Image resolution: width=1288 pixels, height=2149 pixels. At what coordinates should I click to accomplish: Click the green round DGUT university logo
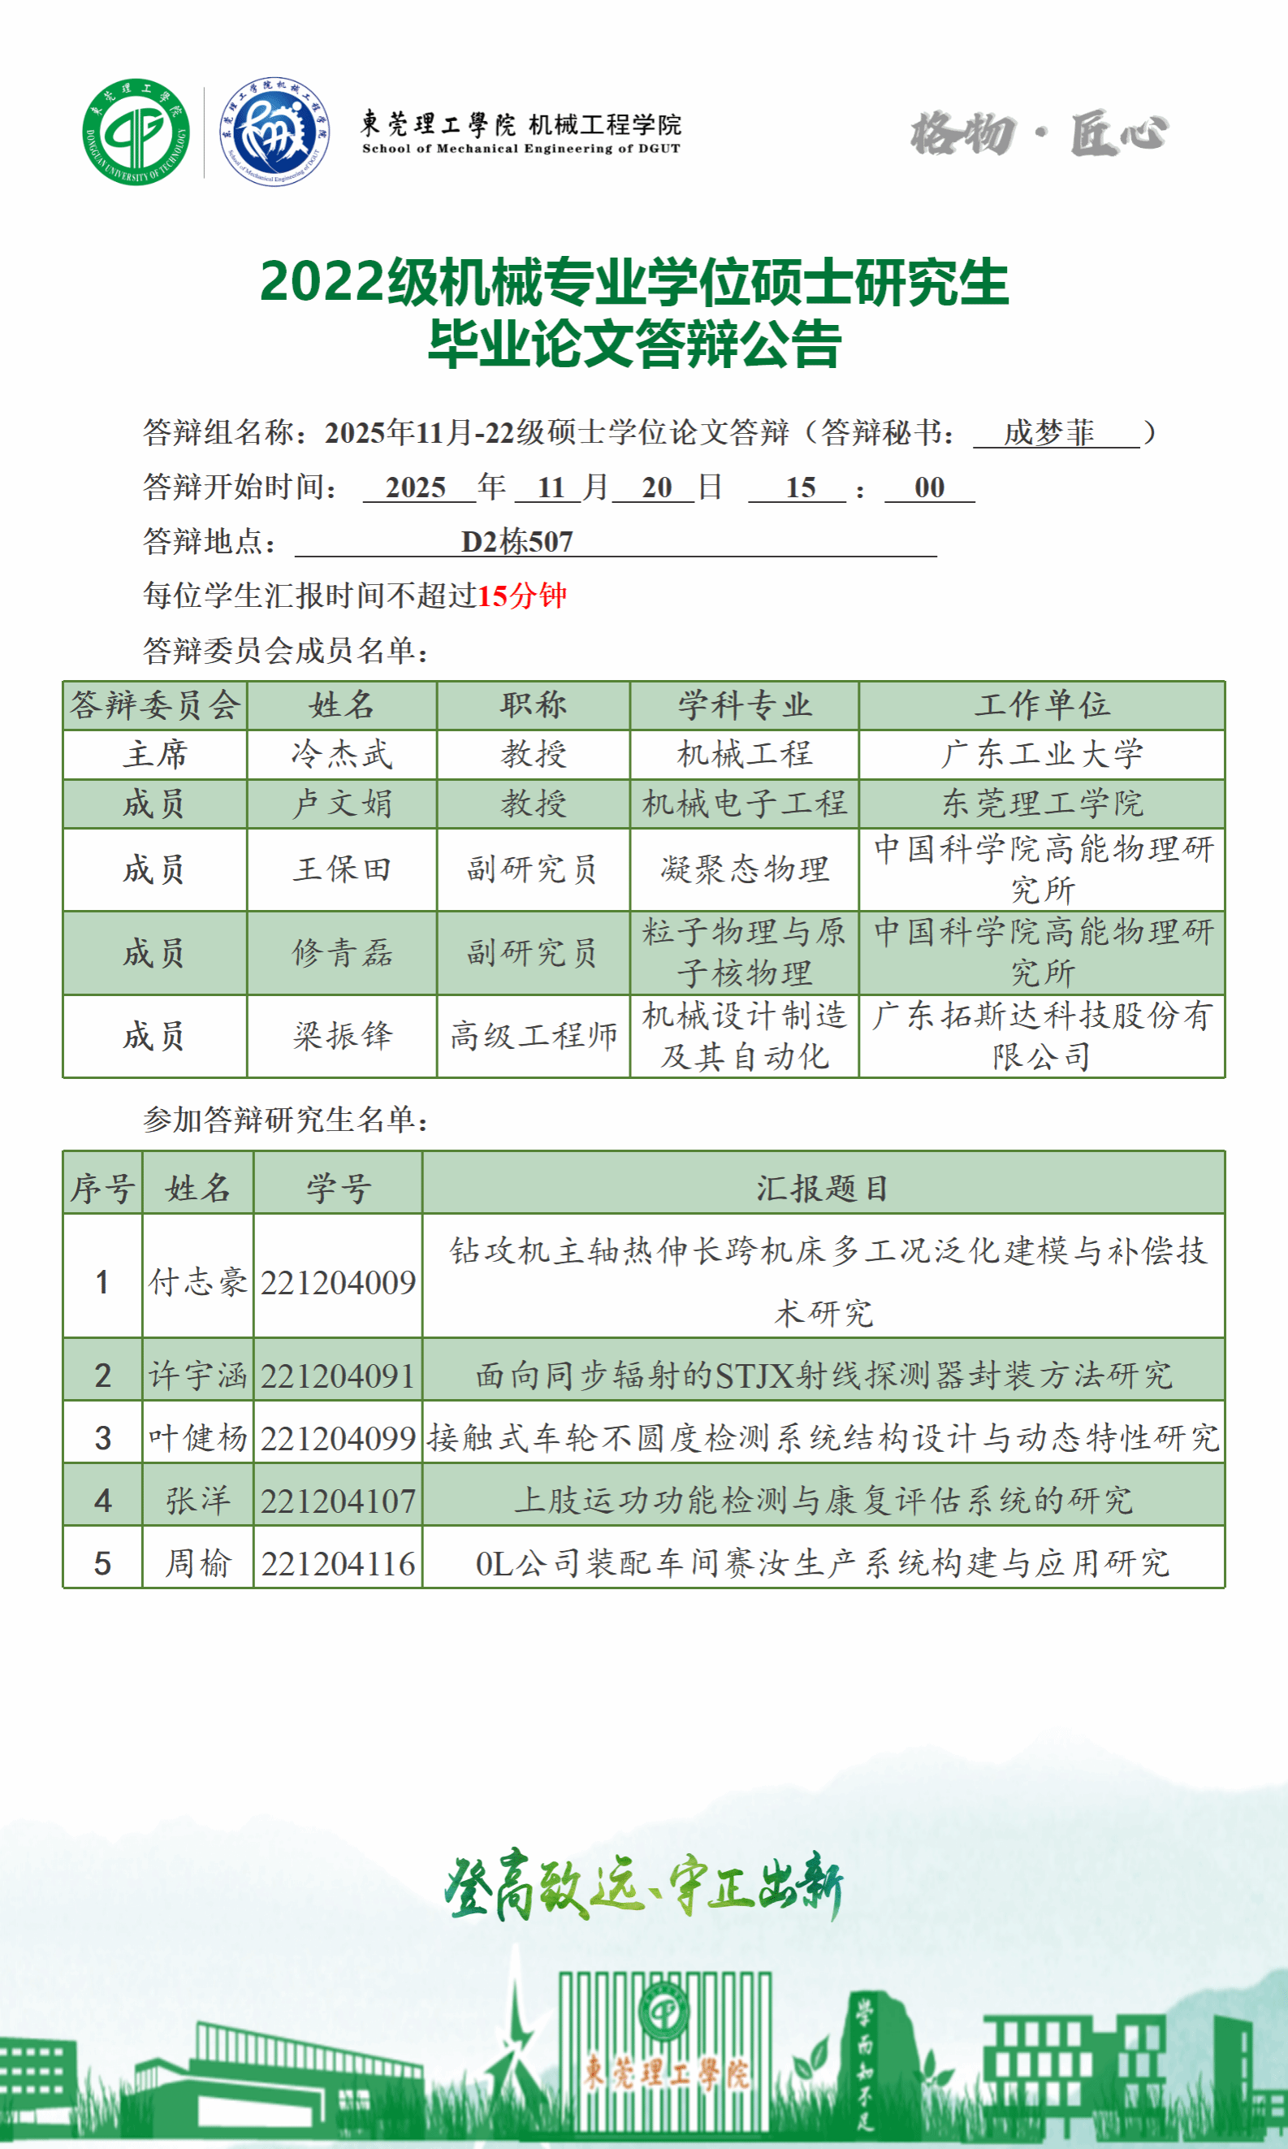tap(136, 132)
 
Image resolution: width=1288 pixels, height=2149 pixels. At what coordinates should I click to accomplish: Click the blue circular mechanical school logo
tap(274, 132)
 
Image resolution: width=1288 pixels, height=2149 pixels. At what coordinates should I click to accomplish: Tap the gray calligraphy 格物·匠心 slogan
tap(1039, 133)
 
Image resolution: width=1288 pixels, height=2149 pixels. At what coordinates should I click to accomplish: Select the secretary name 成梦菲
tap(1048, 432)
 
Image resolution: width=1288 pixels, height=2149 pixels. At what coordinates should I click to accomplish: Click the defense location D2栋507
tap(517, 542)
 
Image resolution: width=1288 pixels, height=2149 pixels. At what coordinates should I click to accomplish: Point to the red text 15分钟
tap(521, 596)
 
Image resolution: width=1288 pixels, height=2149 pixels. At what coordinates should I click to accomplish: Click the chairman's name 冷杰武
tap(342, 754)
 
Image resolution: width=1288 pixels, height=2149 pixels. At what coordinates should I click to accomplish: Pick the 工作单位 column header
tap(1041, 704)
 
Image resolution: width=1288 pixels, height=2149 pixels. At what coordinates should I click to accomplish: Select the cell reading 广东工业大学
tap(1041, 754)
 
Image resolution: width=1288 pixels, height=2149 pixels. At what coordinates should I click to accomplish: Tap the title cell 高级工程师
tap(533, 1036)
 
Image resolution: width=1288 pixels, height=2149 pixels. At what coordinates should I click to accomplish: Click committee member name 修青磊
tap(342, 952)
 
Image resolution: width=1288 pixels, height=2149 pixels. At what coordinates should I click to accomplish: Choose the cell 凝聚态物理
tap(744, 869)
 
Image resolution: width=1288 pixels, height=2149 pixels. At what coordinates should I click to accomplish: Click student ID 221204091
tap(338, 1376)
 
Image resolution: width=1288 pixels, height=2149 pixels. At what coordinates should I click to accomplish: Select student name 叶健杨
tap(198, 1439)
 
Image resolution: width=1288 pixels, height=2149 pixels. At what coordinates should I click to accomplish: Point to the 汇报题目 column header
tap(822, 1188)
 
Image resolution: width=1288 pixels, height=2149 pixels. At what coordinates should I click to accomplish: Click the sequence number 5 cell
tap(102, 1564)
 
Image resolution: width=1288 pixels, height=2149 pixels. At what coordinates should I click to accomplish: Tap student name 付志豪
tap(198, 1282)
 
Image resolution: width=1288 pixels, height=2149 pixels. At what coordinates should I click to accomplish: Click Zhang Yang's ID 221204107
tap(338, 1501)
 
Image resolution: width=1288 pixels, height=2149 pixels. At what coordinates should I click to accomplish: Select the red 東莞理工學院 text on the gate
tap(665, 2073)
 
